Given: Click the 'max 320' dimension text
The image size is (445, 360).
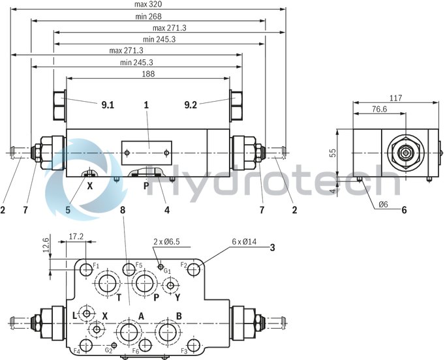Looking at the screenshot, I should click(x=149, y=5).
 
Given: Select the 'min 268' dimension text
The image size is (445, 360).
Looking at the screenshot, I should click(x=149, y=16).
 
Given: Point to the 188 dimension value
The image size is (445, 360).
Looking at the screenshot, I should click(x=149, y=74).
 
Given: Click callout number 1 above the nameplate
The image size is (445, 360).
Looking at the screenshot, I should click(x=146, y=104).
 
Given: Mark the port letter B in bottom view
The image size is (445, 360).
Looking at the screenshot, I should click(x=179, y=316).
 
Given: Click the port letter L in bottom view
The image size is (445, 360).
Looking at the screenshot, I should click(x=74, y=316).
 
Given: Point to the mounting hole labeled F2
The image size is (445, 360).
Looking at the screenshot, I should click(x=195, y=269).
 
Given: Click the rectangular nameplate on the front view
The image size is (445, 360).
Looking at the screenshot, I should click(x=147, y=152).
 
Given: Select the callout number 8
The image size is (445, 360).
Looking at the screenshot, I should click(x=121, y=210).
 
